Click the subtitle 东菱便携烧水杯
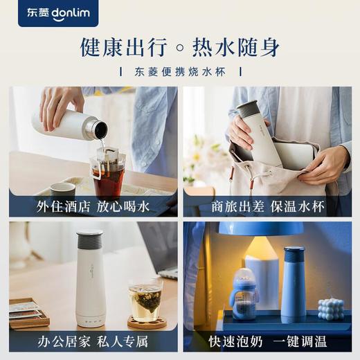[184, 71]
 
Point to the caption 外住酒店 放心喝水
[93, 206]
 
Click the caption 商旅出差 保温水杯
[267, 206]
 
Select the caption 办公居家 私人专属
[93, 341]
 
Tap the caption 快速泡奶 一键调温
[267, 341]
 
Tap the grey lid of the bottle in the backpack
[247, 109]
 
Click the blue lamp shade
[261, 228]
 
